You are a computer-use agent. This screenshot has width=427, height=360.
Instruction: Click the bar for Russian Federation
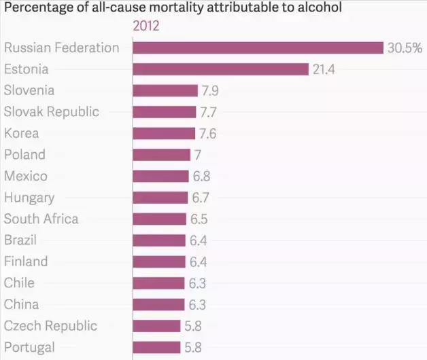tap(258, 48)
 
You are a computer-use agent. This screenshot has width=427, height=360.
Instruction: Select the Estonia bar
tap(221, 69)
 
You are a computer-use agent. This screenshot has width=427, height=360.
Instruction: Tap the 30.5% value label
tap(405, 48)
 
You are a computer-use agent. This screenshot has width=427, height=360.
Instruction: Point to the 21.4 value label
tap(324, 69)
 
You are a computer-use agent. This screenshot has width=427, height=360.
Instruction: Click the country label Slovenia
tap(29, 90)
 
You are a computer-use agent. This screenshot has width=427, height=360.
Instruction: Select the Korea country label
tap(22, 133)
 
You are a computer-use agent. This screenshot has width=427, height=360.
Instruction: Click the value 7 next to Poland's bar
tap(198, 155)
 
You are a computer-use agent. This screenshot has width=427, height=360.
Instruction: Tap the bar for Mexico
tap(161, 177)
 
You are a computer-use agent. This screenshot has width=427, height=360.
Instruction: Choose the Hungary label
tap(29, 198)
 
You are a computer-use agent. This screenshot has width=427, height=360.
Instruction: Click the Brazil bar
tap(159, 240)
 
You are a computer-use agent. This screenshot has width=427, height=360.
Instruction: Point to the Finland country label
tap(26, 262)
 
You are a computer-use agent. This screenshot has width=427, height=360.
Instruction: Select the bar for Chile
tap(158, 283)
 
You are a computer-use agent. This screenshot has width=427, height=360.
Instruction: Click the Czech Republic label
tap(50, 326)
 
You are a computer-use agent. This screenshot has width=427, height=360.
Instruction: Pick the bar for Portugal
tap(157, 347)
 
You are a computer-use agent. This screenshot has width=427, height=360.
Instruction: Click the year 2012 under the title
tap(146, 26)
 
